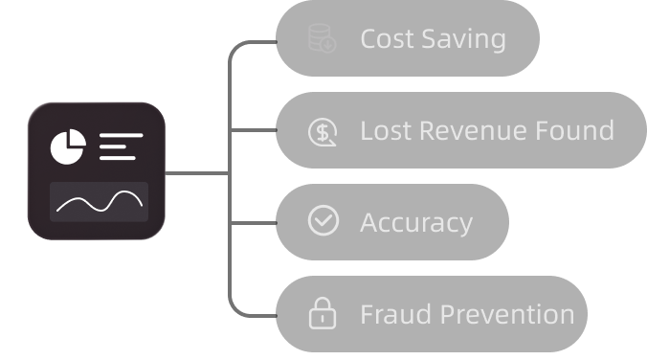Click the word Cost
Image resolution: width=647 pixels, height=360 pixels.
point(387,40)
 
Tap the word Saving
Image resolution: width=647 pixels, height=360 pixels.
point(463,40)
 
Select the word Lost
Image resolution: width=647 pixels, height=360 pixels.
point(385,131)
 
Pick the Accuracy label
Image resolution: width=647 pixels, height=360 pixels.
point(416,223)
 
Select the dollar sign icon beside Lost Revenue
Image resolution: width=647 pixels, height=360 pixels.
point(322,131)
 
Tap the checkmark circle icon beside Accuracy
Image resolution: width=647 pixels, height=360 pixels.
point(323,221)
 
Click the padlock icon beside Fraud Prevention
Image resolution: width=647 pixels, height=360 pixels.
point(323,313)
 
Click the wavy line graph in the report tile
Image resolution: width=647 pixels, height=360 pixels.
point(100,203)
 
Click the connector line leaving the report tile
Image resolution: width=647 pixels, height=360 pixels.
point(196,173)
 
